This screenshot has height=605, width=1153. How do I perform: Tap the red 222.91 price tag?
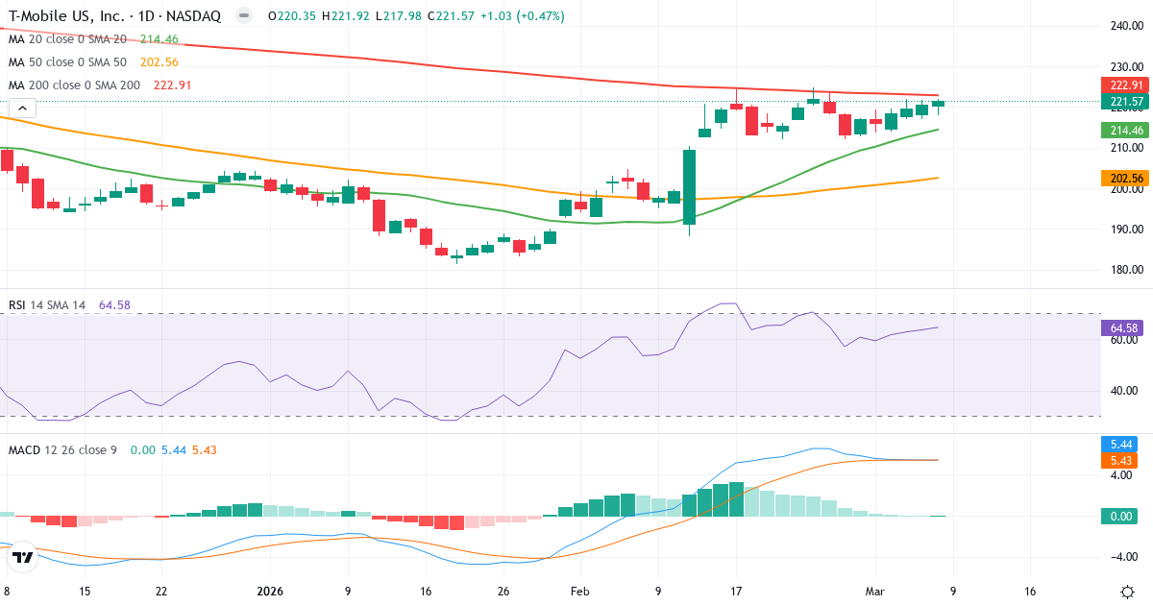(x=1124, y=85)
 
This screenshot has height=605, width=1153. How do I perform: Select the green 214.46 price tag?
(x=1124, y=130)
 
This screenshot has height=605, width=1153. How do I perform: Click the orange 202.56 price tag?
(x=1124, y=178)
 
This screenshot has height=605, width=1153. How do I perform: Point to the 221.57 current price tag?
(x=1124, y=101)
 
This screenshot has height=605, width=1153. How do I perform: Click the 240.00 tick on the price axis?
(x=1124, y=26)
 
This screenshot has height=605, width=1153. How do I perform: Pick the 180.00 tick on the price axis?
(x=1124, y=270)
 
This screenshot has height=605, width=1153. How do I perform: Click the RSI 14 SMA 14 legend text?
(x=47, y=304)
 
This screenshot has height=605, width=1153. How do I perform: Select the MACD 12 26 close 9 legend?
(x=62, y=449)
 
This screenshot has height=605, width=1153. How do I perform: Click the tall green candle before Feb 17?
(x=689, y=190)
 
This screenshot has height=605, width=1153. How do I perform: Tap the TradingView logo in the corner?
(x=23, y=557)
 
